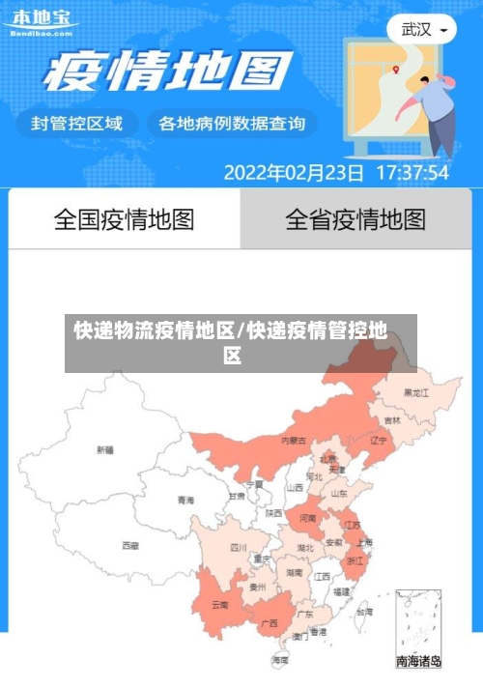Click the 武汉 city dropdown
tap(422, 29)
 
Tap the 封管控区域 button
tap(77, 123)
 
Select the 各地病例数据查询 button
tap(231, 123)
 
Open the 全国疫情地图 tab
tap(124, 219)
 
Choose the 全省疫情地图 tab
tap(355, 219)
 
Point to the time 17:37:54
tap(412, 173)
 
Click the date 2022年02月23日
tap(294, 173)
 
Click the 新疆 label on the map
tap(104, 449)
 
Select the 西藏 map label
tap(129, 545)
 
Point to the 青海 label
tap(185, 500)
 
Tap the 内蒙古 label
tap(294, 440)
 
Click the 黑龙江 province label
tap(417, 392)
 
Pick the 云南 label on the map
tap(219, 605)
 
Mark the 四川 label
tap(239, 547)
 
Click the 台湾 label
tap(363, 612)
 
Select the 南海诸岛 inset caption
tap(418, 662)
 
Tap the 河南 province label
tap(307, 518)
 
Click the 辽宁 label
tap(379, 440)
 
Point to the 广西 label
tap(270, 622)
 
